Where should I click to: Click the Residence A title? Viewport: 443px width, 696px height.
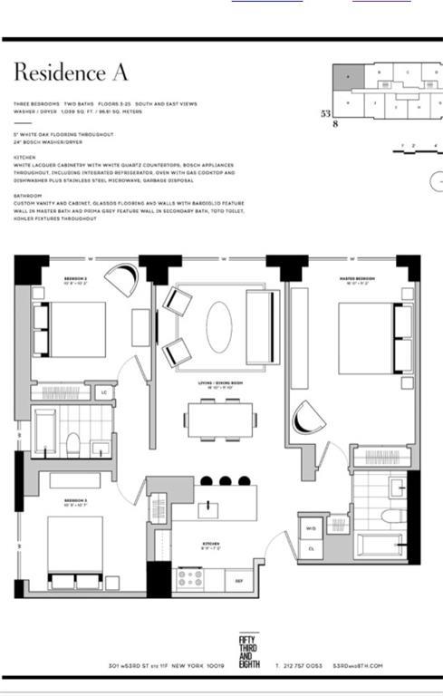[71, 72]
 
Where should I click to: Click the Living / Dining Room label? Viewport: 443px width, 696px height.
[218, 382]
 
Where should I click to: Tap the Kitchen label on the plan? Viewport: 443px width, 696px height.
[211, 545]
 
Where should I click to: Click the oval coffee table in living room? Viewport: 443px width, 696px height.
[218, 328]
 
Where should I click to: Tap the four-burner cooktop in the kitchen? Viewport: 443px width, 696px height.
[190, 577]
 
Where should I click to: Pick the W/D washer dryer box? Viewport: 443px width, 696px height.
[310, 527]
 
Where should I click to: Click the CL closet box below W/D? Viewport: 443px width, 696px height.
[310, 548]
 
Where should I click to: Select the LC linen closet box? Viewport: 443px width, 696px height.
[104, 392]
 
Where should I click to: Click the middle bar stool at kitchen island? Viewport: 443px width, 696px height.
[226, 481]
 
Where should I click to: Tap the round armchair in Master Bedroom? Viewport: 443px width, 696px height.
[310, 417]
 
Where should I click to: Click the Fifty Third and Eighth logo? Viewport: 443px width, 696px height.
[247, 650]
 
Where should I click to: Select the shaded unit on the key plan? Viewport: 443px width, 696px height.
[346, 77]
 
